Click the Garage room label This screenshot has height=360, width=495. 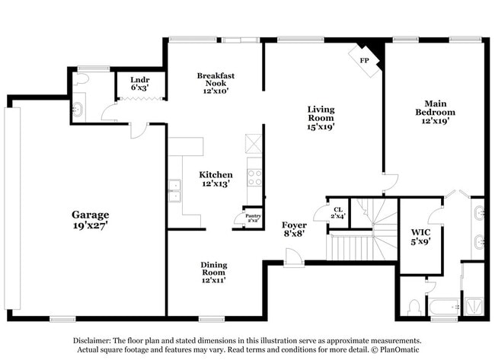(91, 215)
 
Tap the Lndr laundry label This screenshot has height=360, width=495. (139, 79)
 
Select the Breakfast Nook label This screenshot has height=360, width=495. (216, 80)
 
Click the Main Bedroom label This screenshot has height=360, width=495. (435, 107)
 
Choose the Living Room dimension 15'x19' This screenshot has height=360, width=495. (321, 127)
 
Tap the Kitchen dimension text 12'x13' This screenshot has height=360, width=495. (216, 184)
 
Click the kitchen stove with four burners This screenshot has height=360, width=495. (254, 177)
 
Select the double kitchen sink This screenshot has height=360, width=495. (175, 190)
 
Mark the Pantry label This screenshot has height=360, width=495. (251, 217)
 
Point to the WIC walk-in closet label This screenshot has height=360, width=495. (420, 231)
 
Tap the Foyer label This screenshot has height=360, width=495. (294, 225)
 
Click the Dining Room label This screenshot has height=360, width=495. (214, 266)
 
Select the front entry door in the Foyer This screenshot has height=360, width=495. (293, 260)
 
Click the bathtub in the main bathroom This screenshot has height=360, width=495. (442, 308)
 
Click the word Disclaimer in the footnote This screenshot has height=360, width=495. (92, 341)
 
